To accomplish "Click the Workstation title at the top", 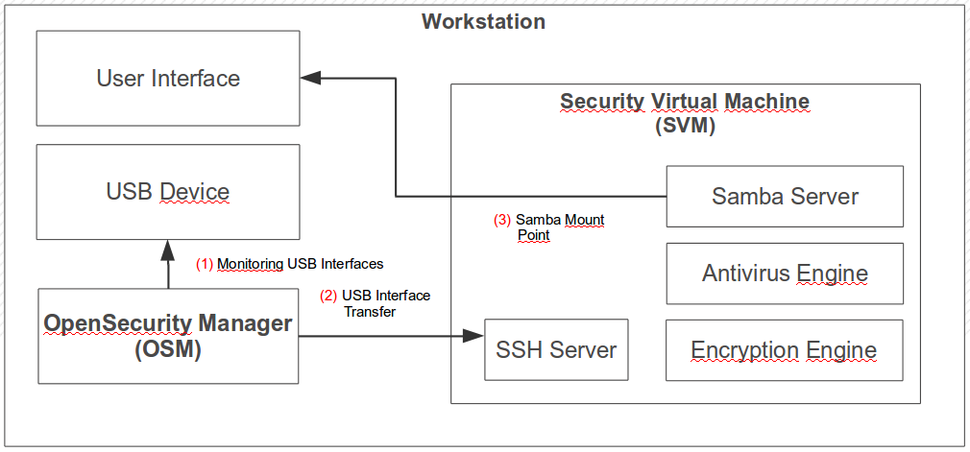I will coord(484,21).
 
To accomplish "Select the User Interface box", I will coord(168,78).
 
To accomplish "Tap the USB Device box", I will coord(168,192).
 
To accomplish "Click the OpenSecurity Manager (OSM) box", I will coord(168,335).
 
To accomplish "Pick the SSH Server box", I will coord(556,349).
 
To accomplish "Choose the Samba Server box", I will coord(785,197).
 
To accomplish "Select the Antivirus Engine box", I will coord(785,274).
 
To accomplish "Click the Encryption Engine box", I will coord(784,350).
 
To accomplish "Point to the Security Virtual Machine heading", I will coord(685,102).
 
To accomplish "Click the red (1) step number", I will coord(205,264).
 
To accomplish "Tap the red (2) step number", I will coord(328,296).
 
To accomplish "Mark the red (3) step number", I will coord(502,220).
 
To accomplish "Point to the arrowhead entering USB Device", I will coord(168,249).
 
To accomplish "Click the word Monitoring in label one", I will coord(250,264).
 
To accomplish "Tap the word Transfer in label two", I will coord(370,311).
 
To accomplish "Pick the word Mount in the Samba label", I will coord(584,220).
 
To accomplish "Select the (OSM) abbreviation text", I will coord(168,351).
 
